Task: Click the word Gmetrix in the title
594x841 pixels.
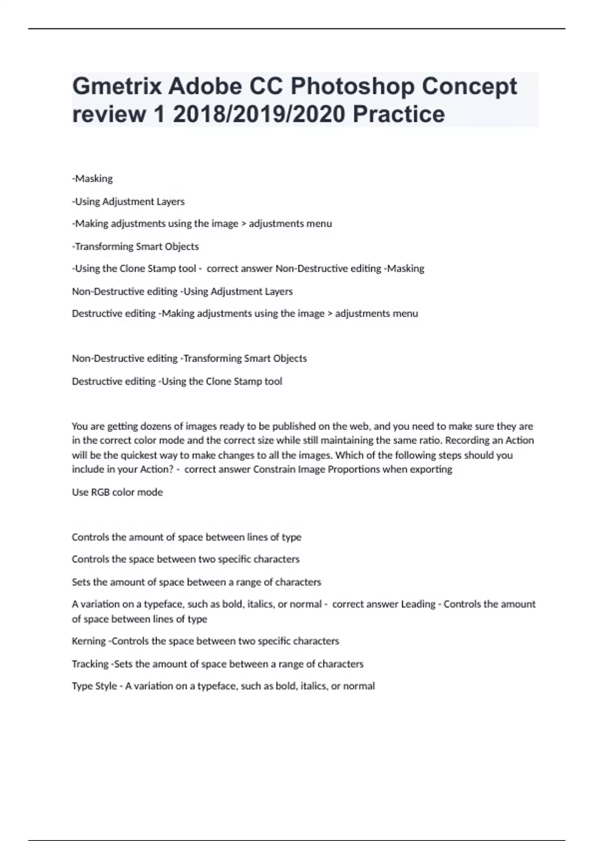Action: pyautogui.click(x=117, y=87)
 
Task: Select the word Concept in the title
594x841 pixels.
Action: pyautogui.click(x=469, y=87)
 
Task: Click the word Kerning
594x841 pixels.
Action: pyautogui.click(x=89, y=641)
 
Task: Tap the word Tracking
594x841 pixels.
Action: pyautogui.click(x=90, y=664)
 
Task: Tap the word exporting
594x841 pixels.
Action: pyautogui.click(x=431, y=469)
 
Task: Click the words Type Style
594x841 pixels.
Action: pyautogui.click(x=95, y=686)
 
